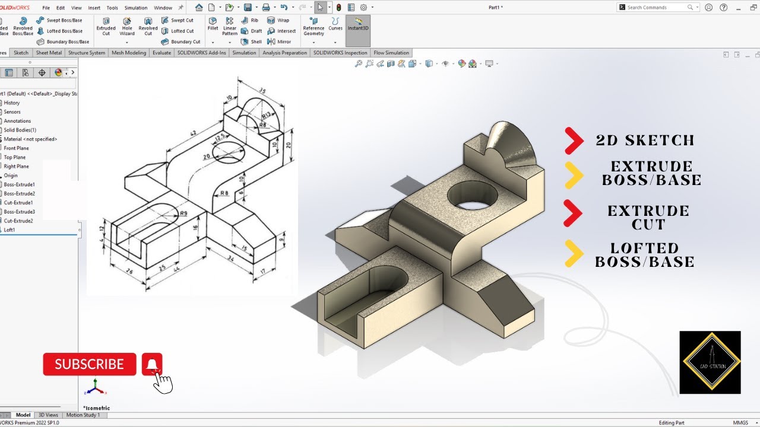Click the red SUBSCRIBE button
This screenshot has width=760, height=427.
89,364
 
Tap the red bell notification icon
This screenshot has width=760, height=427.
152,364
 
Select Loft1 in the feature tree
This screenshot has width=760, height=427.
9,230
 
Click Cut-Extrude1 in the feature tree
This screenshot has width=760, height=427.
19,203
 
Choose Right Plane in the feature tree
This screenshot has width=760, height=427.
16,167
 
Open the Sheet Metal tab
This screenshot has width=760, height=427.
49,53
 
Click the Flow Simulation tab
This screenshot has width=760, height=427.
391,53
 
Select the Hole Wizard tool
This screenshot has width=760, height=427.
127,26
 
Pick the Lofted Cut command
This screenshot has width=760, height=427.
182,31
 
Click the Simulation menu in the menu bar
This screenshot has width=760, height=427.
136,8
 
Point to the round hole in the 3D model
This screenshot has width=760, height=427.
473,196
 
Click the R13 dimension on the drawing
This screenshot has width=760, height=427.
267,115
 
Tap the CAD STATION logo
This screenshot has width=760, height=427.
710,362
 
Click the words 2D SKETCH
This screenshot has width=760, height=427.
645,141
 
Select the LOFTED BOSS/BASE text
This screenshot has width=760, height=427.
644,255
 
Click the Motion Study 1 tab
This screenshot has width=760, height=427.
83,415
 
